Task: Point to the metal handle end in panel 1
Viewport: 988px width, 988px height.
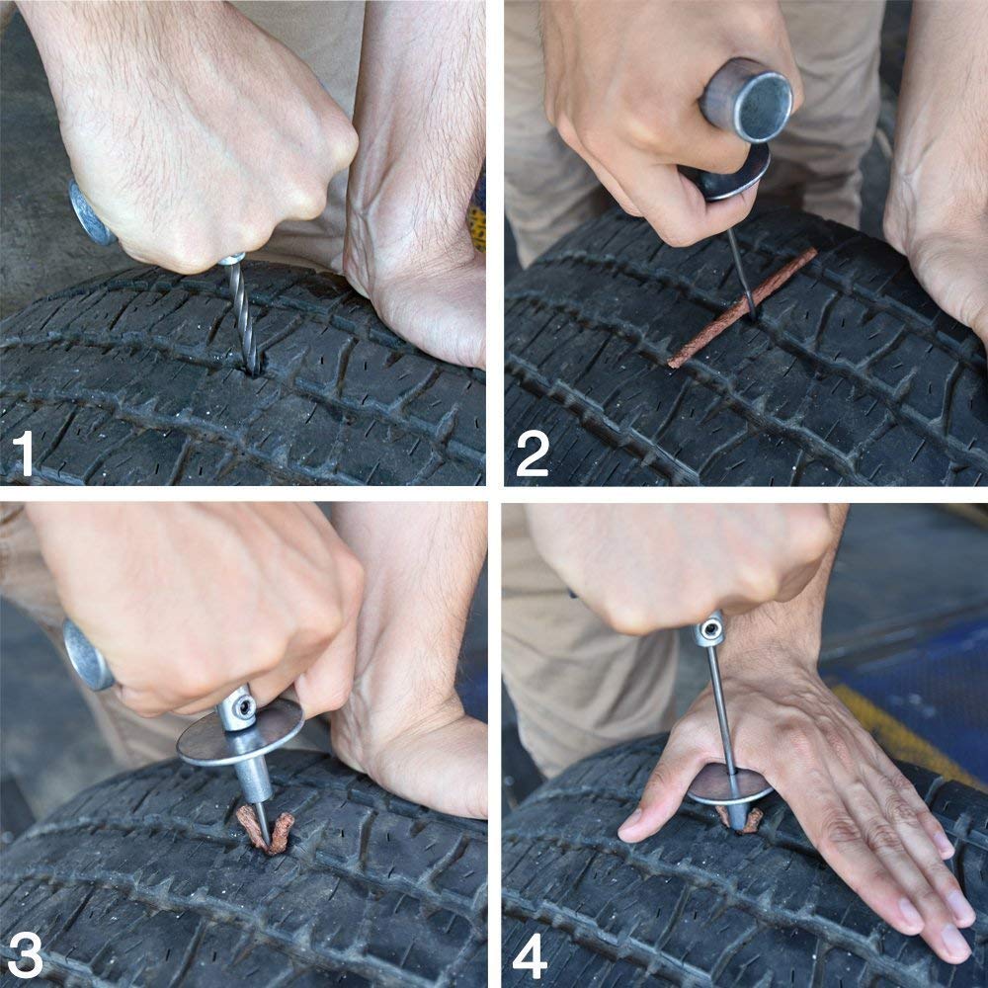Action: [89, 213]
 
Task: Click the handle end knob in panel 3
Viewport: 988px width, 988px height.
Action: [87, 654]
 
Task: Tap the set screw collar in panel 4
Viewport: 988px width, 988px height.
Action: [708, 628]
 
